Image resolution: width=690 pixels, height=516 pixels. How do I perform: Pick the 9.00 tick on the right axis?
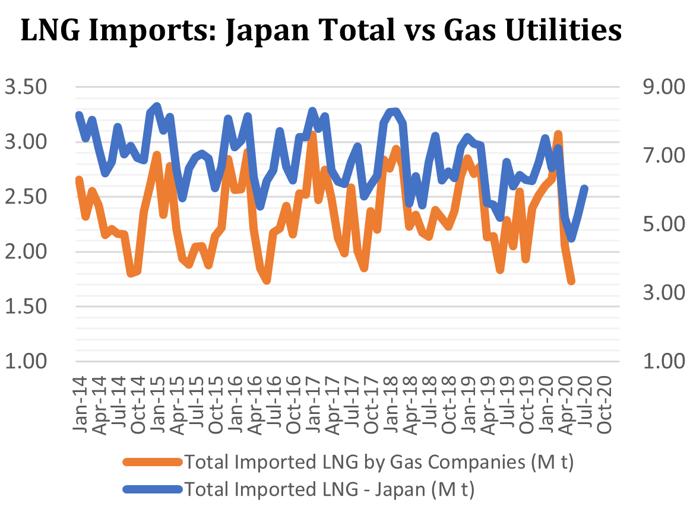click(x=664, y=88)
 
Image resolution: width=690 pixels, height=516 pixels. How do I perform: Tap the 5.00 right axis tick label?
click(x=664, y=225)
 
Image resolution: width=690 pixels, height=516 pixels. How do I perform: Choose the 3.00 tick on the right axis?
click(x=664, y=293)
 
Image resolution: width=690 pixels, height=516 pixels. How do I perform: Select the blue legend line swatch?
click(x=151, y=490)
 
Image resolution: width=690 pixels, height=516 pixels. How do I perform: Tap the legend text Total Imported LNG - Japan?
click(x=330, y=490)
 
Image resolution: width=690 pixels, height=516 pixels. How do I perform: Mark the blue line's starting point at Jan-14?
click(x=79, y=114)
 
